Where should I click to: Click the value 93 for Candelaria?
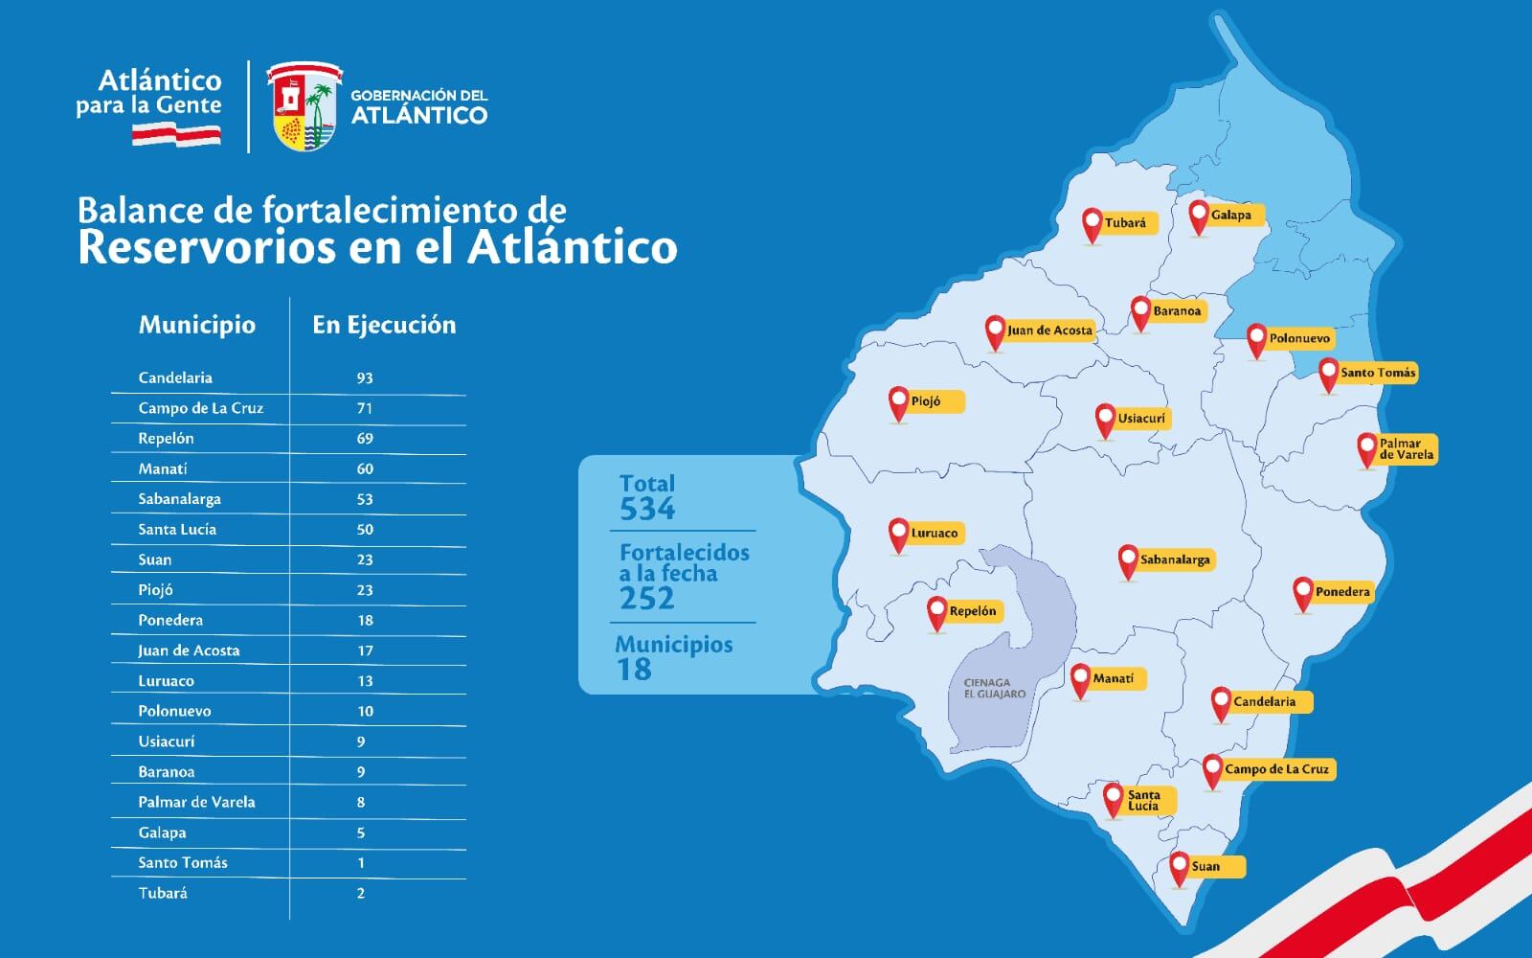pos(364,377)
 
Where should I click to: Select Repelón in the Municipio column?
pos(166,439)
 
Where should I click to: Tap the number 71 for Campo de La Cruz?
pos(364,408)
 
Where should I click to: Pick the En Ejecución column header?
pos(384,325)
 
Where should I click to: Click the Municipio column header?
pos(196,325)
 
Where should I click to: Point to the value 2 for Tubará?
pos(361,893)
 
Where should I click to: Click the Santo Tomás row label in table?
pos(183,863)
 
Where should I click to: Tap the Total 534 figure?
pos(647,508)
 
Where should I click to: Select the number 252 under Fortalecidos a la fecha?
pos(647,599)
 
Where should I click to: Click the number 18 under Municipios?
pos(634,670)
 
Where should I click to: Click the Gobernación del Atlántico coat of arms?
pos(303,105)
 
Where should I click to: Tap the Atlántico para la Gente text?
pos(149,93)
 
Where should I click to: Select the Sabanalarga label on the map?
pos(1175,559)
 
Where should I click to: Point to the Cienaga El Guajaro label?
pos(994,688)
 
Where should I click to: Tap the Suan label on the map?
pos(1206,866)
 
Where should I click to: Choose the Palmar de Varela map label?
pos(1406,448)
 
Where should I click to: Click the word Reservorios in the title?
pos(203,247)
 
